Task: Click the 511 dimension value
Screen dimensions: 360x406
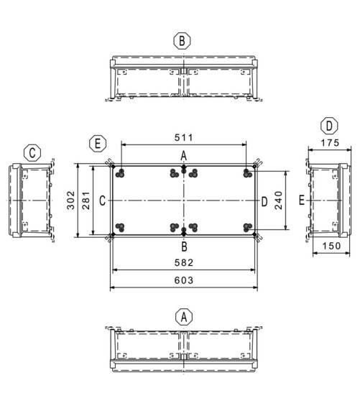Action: [184, 137]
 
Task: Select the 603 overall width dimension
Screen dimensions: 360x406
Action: [184, 280]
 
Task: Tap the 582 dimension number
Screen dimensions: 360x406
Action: [184, 262]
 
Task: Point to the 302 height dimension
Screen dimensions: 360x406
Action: [70, 200]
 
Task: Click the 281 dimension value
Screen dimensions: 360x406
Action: [86, 200]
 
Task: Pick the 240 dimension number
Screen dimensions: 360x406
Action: [278, 200]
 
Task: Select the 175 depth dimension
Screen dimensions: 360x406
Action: [330, 143]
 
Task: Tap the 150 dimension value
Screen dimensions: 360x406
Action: [331, 246]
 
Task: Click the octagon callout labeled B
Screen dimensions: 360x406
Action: [182, 41]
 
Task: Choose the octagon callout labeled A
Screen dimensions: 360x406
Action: [184, 317]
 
